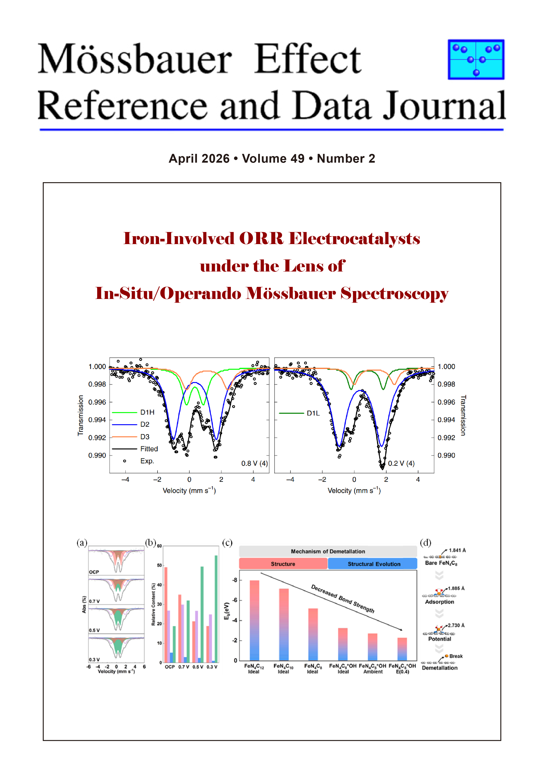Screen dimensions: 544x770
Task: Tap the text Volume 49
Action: tap(273, 158)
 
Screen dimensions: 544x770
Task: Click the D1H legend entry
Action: tap(133, 412)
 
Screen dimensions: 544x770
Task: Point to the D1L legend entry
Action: tap(299, 413)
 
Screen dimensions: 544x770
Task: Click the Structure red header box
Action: tap(283, 564)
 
